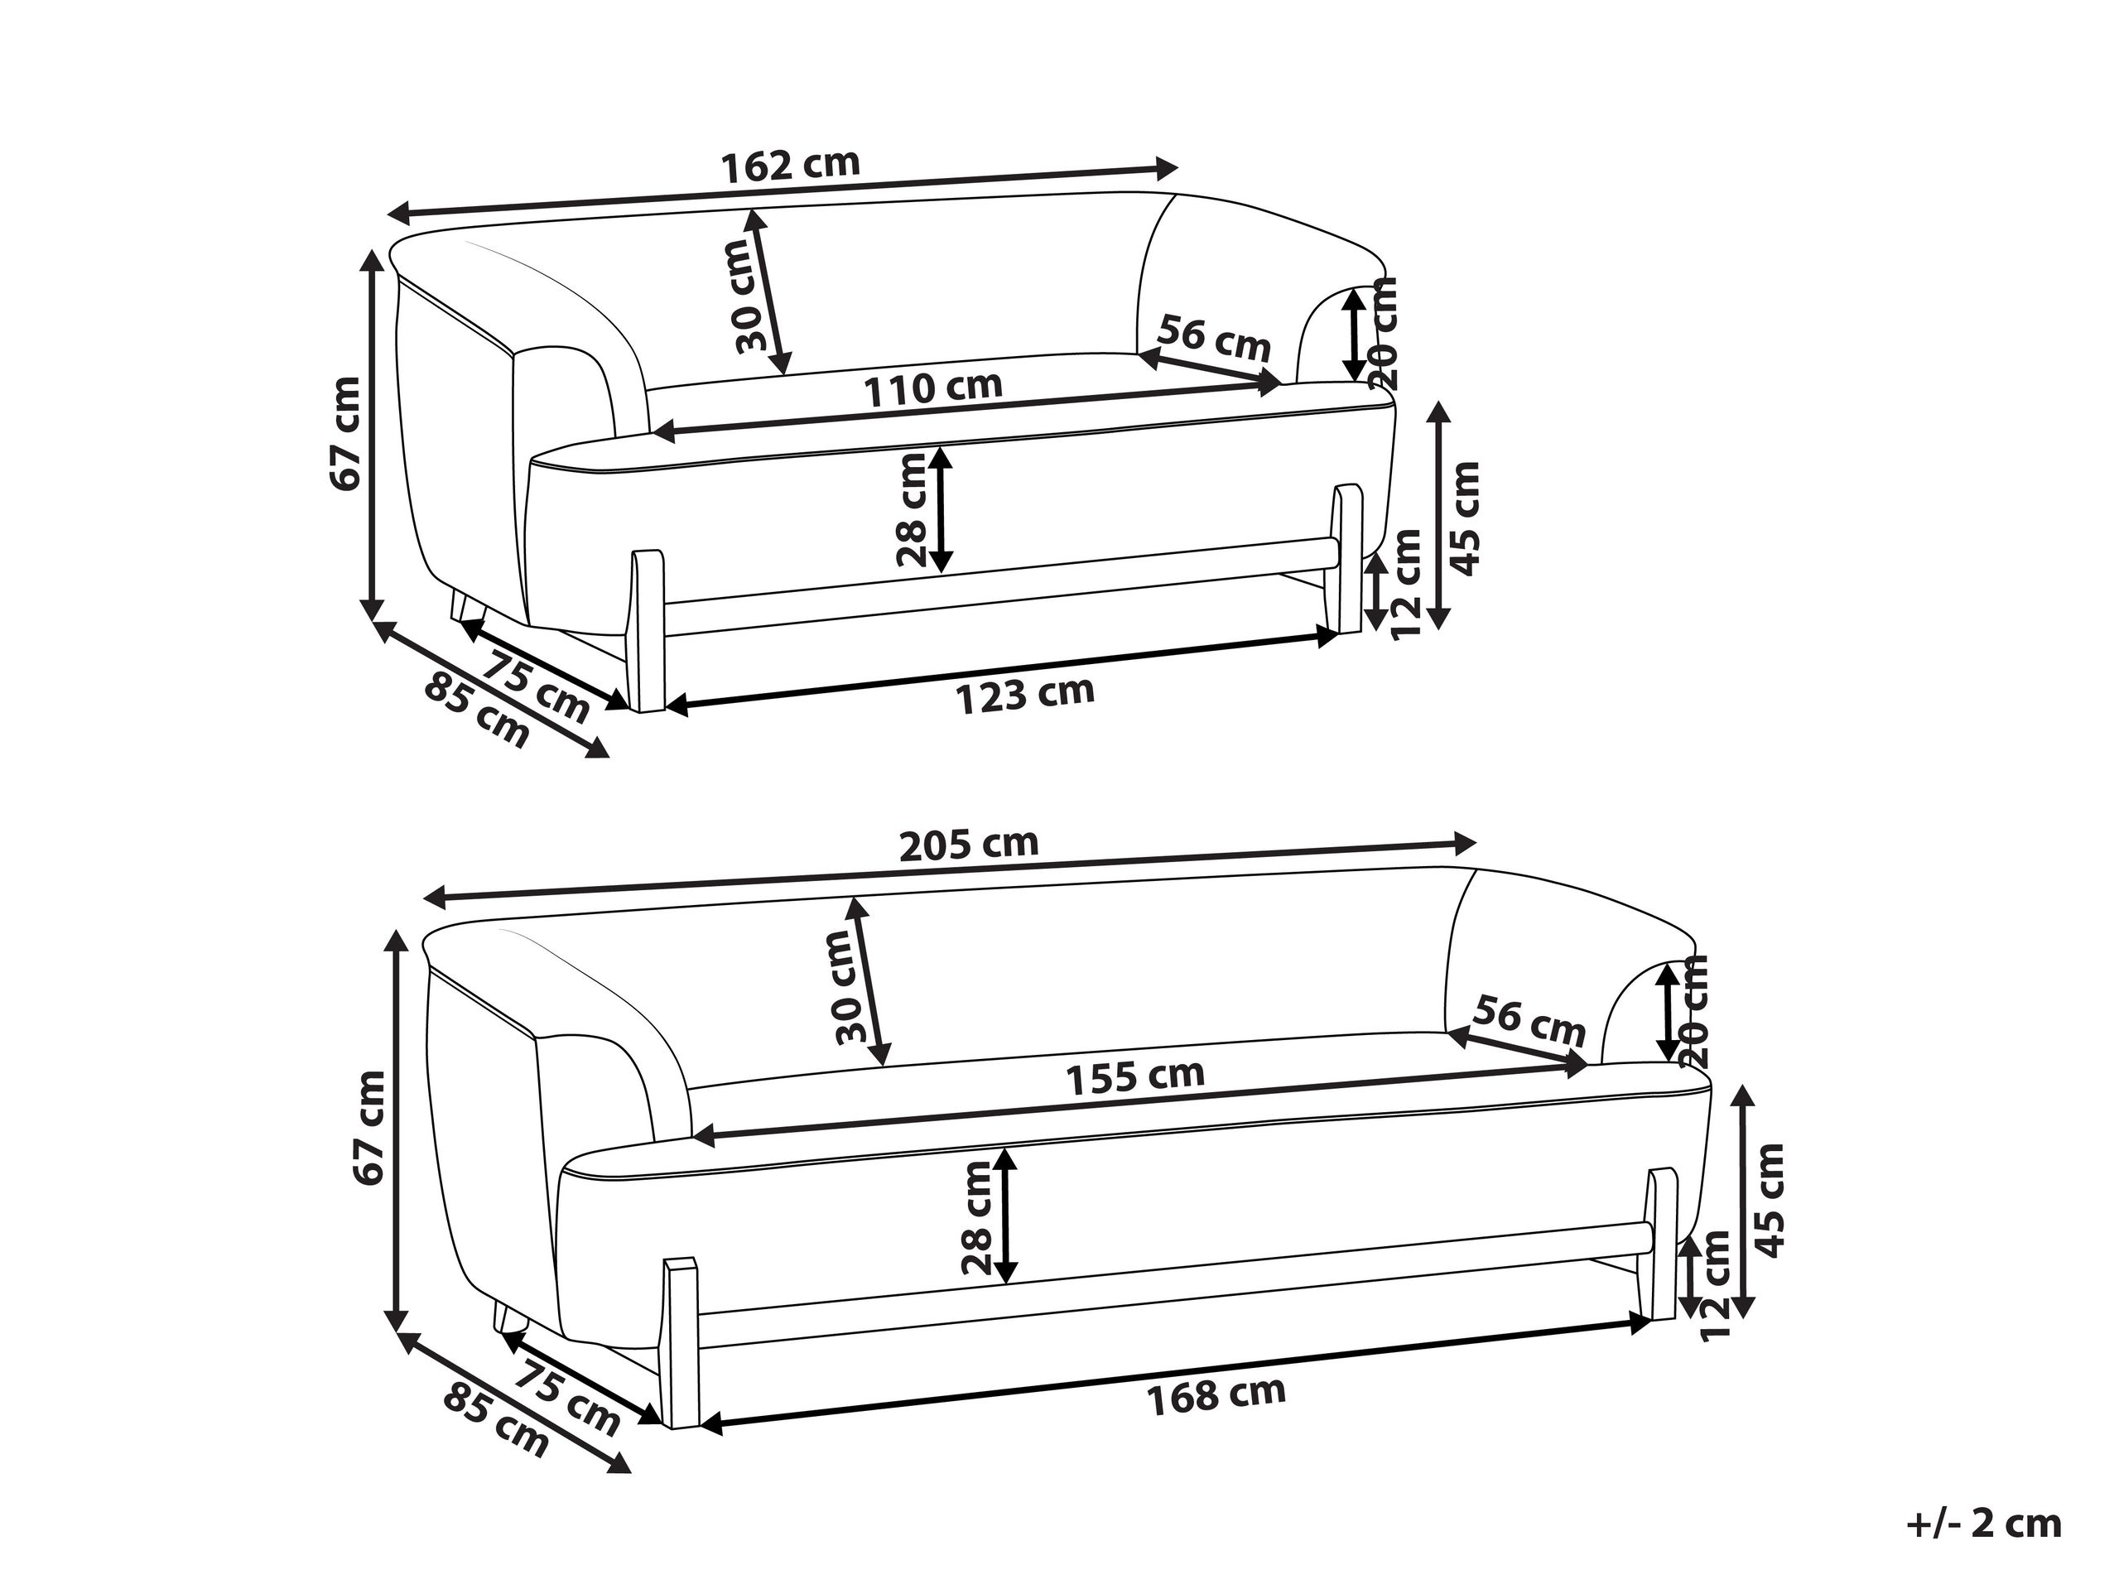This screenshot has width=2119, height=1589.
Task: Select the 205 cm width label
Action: (970, 844)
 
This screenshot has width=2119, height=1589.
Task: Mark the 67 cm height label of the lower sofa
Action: (370, 1129)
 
